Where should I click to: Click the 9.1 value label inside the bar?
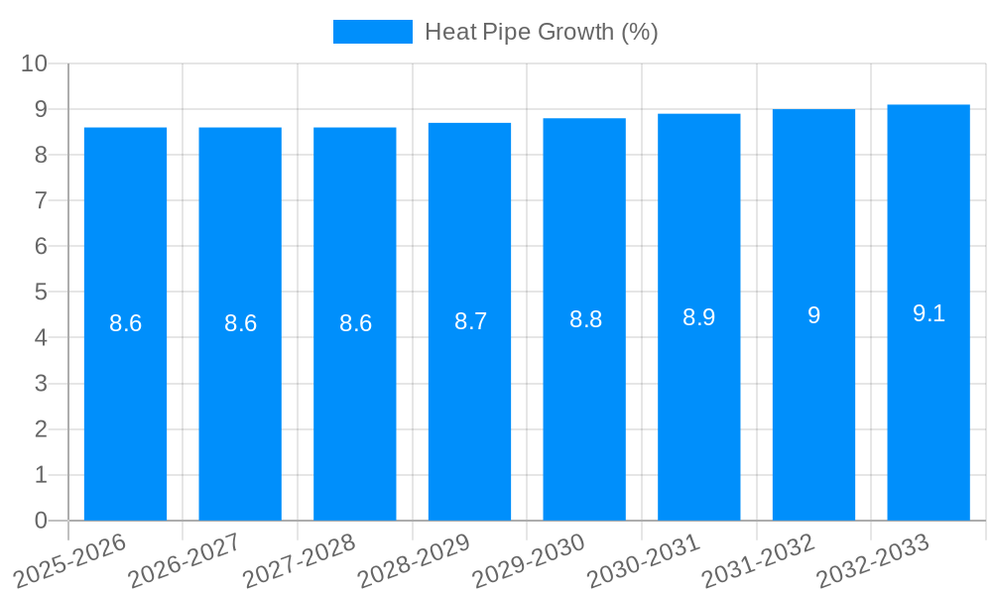(929, 313)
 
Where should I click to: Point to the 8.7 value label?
(470, 321)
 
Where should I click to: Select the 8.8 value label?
(585, 319)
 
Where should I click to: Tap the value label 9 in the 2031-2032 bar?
(813, 315)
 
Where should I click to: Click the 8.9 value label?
(698, 317)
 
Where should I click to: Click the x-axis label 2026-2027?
(185, 560)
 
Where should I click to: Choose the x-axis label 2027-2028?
(300, 560)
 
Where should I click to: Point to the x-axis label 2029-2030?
(529, 560)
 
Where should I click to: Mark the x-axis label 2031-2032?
(759, 560)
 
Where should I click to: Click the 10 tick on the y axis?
(35, 63)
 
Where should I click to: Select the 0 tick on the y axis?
(41, 521)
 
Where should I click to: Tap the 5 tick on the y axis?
(41, 293)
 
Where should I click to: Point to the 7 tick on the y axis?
(41, 200)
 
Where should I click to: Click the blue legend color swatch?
(372, 32)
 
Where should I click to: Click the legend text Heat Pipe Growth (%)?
(541, 32)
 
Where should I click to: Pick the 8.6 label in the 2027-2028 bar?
(355, 323)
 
